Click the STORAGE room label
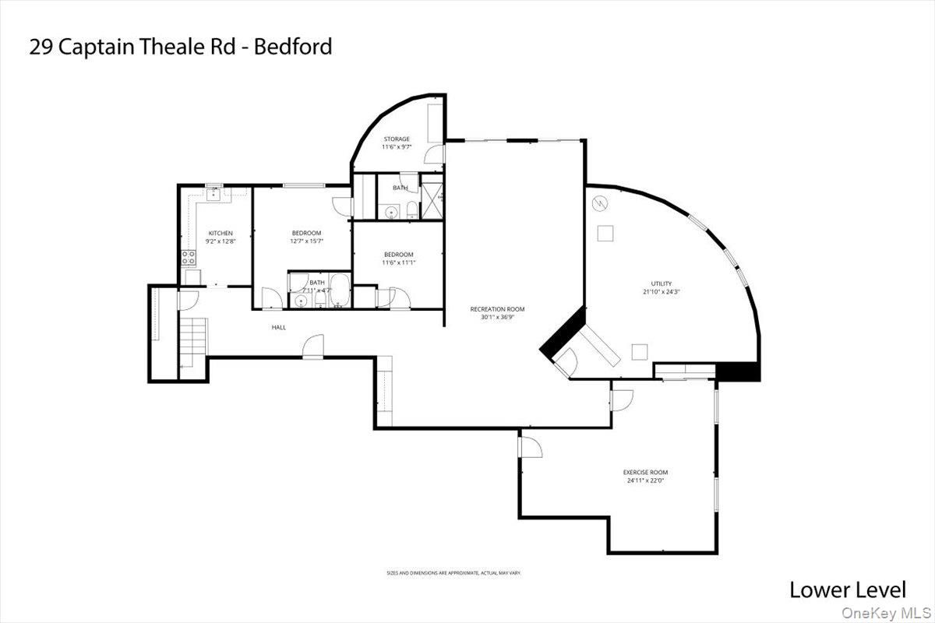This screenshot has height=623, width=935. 396,139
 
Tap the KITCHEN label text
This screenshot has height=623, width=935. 221,234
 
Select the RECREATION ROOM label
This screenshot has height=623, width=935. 497,309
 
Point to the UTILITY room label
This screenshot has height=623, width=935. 662,283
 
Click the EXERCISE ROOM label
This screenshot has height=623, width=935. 645,473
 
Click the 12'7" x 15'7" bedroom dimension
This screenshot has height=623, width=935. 307,241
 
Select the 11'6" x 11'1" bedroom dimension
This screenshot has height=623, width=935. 398,262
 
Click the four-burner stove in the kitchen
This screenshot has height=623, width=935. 189,258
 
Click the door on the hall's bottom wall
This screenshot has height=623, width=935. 312,346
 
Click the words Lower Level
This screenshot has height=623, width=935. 848,590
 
